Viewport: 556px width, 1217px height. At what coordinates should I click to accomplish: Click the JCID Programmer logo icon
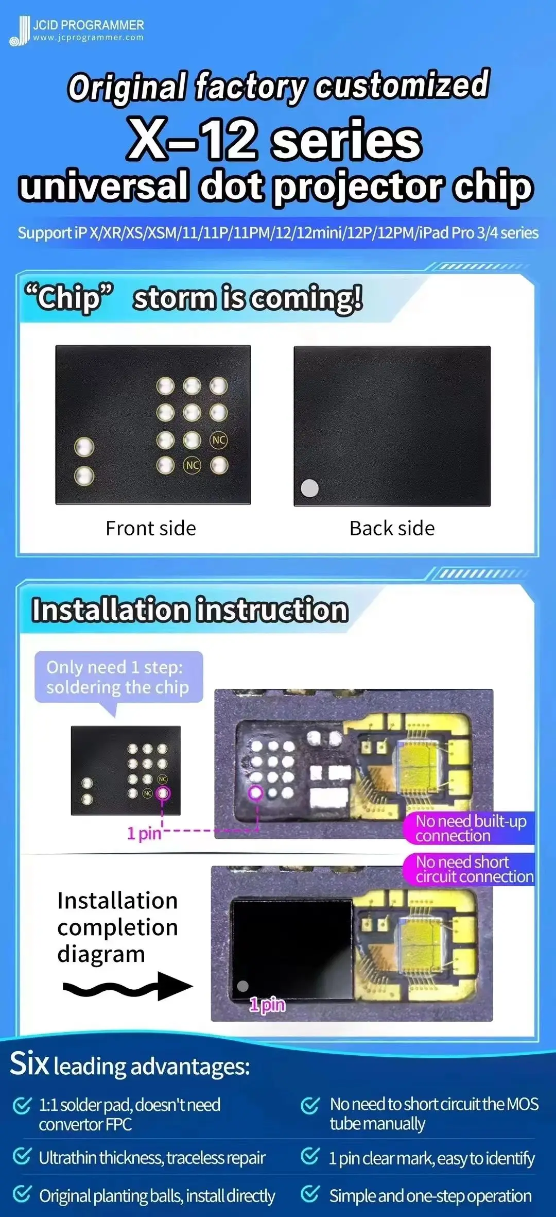click(20, 31)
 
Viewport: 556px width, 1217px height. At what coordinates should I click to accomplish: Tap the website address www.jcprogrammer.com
click(88, 38)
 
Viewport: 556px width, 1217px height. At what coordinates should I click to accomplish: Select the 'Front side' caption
click(151, 528)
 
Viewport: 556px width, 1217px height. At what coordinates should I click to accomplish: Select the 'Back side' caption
click(392, 528)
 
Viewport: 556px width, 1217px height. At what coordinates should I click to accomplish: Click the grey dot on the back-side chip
click(309, 488)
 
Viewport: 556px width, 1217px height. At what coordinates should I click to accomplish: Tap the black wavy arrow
click(128, 986)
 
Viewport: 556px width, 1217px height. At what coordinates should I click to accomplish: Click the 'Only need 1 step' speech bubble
click(118, 677)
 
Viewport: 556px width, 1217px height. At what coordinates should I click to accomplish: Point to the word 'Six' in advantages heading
click(29, 1063)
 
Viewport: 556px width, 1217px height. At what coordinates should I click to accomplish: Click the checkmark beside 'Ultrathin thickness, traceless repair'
click(22, 1156)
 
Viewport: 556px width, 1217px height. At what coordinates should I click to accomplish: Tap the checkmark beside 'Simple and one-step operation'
click(310, 1194)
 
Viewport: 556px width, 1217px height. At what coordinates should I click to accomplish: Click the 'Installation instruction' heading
click(190, 610)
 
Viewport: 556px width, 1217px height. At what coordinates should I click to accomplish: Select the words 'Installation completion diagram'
click(117, 927)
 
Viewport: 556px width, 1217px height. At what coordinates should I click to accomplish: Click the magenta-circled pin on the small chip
click(163, 793)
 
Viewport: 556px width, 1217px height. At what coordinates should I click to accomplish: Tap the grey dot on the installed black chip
click(242, 986)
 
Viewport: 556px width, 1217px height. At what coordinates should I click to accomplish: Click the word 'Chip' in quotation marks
click(69, 298)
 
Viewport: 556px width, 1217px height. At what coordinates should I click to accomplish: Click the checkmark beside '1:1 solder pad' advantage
click(22, 1105)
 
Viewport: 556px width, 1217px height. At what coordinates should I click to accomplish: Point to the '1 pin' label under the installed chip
click(267, 1005)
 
